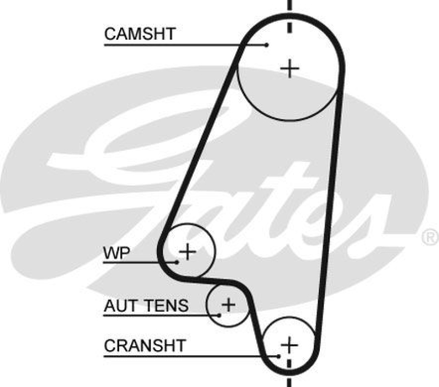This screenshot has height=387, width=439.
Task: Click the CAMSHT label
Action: [139, 34]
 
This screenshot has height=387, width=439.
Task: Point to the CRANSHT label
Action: [145, 346]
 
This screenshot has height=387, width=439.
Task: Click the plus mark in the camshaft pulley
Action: [290, 69]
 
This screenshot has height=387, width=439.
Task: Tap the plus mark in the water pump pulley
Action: [188, 251]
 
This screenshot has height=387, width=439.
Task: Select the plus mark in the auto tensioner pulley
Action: [227, 304]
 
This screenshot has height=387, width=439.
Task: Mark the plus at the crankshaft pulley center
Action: [289, 345]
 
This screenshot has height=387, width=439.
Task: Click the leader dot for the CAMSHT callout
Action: [267, 44]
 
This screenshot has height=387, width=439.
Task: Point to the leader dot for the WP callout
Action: [177, 262]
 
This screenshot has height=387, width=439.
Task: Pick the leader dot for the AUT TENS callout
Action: [219, 315]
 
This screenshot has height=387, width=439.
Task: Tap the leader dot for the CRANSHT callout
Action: [279, 356]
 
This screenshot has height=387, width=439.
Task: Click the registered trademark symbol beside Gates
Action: [429, 237]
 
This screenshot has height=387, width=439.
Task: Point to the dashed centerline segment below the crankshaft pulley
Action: [289, 380]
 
